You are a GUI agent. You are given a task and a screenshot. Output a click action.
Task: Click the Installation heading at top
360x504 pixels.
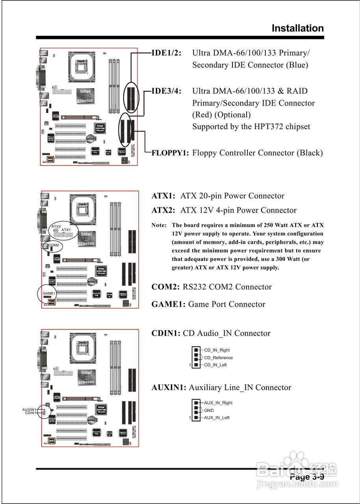click(x=297, y=28)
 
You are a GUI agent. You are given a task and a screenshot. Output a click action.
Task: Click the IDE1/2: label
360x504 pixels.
click(x=167, y=53)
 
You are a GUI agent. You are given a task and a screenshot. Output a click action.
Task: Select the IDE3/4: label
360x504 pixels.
click(x=167, y=91)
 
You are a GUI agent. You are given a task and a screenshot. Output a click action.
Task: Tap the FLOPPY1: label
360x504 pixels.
click(x=170, y=153)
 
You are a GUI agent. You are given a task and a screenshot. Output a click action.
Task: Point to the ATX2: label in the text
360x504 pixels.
click(x=163, y=210)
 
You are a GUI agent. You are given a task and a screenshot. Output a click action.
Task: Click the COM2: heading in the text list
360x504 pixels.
click(x=166, y=287)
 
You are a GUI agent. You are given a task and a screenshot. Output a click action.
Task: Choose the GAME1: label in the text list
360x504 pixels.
click(x=169, y=304)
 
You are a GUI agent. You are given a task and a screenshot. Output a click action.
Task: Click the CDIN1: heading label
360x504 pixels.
click(x=166, y=334)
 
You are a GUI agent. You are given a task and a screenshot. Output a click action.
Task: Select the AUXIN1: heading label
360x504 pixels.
click(x=169, y=388)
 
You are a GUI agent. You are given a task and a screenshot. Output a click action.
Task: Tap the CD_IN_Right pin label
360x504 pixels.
click(x=217, y=350)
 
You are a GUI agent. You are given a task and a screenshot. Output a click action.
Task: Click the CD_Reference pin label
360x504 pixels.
click(x=218, y=358)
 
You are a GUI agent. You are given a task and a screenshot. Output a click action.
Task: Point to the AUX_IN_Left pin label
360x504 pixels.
click(x=217, y=418)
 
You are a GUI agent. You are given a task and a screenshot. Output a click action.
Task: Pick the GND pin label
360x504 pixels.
click(x=209, y=410)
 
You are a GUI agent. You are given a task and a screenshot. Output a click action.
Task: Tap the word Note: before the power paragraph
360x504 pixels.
click(x=160, y=226)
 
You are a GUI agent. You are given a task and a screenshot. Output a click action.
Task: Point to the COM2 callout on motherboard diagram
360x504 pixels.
click(x=54, y=245)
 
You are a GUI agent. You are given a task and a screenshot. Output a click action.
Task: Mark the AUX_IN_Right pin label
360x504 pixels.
click(x=218, y=403)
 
